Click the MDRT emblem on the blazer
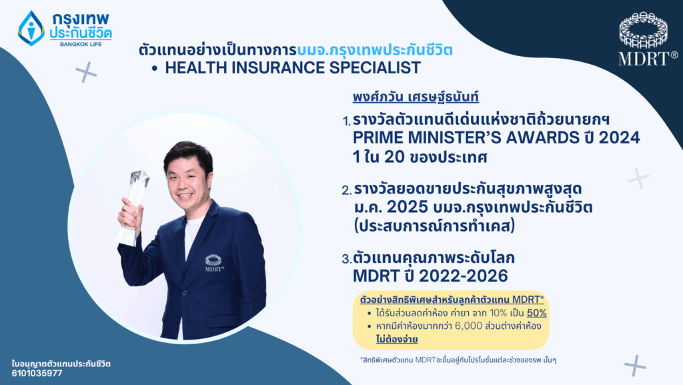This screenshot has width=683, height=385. pyautogui.click(x=214, y=261)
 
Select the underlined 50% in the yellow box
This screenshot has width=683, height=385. pyautogui.click(x=537, y=313)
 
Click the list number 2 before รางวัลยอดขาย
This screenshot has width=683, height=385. pyautogui.click(x=346, y=191)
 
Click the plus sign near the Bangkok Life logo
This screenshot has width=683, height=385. pyautogui.click(x=86, y=72)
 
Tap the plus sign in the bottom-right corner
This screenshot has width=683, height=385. pyautogui.click(x=635, y=365)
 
